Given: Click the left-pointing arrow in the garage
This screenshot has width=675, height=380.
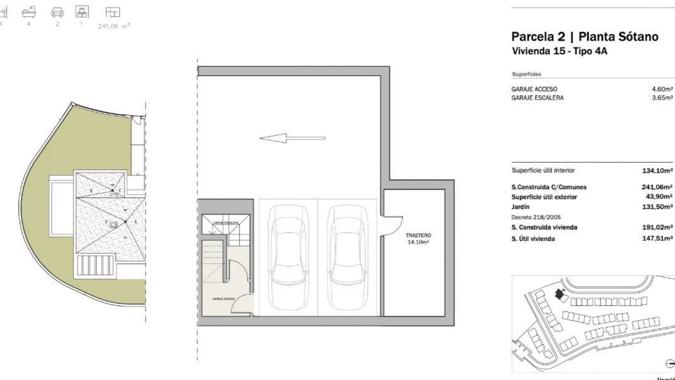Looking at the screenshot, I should tap(292, 138).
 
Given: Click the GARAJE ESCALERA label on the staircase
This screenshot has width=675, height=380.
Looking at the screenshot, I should tap(226, 223).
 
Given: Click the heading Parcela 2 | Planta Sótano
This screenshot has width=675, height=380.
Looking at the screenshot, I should tap(585, 37).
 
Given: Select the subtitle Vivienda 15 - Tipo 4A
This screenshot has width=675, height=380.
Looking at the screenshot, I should tap(559, 51).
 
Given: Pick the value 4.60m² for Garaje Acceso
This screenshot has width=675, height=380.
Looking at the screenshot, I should tap(662, 89).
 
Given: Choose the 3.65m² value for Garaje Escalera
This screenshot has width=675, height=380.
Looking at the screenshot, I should tap(662, 98).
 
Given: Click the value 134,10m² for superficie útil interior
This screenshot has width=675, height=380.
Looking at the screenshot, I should tap(657, 171).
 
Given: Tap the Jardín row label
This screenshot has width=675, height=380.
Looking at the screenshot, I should tap(520, 207).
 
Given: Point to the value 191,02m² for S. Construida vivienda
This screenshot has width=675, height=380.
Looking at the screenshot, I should tap(657, 227).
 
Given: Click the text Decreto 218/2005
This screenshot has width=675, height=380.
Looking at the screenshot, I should tap(536, 217).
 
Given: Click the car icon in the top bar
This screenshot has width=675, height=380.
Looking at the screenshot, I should tap(57, 13).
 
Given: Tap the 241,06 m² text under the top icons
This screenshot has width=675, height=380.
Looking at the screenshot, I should tap(114, 26).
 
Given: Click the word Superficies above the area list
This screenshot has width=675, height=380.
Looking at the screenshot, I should tap(526, 74).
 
